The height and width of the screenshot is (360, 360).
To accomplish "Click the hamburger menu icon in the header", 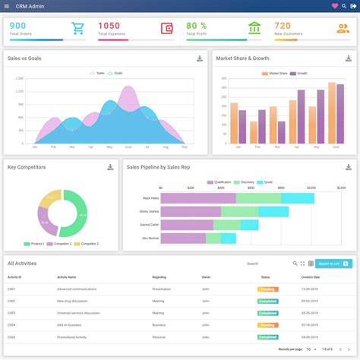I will [x=6, y=6].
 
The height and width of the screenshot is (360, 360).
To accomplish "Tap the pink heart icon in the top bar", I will [x=335, y=6].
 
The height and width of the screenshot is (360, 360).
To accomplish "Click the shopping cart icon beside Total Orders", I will [x=77, y=29].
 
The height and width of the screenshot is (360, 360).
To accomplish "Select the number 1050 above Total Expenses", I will [x=109, y=26].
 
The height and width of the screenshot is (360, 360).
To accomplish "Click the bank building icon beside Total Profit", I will [x=254, y=29].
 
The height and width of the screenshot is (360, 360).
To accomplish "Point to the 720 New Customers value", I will [x=283, y=26].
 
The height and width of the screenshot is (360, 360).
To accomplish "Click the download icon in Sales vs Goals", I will [x=200, y=58].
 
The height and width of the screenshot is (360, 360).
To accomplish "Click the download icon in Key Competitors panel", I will [x=111, y=167].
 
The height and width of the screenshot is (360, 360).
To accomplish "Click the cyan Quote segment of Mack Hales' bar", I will [x=297, y=198].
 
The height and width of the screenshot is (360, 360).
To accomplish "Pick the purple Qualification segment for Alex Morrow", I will [x=181, y=238].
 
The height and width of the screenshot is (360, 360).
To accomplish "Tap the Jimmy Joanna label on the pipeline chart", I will [x=149, y=211].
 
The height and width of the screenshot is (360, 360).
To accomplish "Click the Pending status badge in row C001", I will [x=267, y=289].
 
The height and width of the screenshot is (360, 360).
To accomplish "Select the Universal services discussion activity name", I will [x=80, y=313].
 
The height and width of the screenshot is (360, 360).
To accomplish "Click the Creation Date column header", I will [x=310, y=277].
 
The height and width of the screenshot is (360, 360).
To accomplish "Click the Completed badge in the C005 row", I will [x=267, y=336].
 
